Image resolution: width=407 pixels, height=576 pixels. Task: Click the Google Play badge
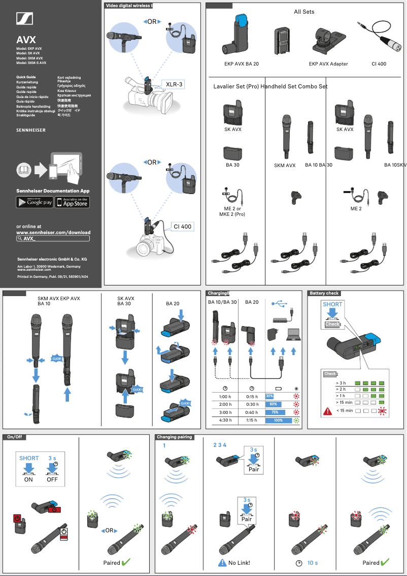35,202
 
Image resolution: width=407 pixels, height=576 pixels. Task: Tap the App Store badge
72,202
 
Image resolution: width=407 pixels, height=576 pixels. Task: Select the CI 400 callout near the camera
182,227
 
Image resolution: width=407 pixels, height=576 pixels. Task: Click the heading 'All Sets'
304,12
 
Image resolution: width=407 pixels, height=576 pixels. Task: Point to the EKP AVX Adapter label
328,64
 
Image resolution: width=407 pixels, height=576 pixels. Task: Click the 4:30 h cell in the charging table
225,420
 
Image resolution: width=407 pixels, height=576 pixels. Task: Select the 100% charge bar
278,421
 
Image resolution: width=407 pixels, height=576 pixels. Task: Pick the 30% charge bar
269,396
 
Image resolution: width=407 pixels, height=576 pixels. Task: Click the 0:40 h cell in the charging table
252,412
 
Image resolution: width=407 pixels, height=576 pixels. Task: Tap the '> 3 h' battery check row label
341,382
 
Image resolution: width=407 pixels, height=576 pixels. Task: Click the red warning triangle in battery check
328,410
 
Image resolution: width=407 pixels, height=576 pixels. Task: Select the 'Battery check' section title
324,293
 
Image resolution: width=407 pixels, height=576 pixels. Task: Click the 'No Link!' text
239,563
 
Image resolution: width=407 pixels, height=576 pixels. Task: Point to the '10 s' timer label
313,563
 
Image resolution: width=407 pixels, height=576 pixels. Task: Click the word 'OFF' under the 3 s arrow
52,479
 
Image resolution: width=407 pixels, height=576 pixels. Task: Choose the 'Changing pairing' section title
174,437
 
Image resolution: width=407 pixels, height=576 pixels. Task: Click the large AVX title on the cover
26,40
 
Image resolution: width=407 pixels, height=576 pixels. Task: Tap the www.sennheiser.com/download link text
53,232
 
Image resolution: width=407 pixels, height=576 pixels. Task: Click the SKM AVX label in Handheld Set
285,166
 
